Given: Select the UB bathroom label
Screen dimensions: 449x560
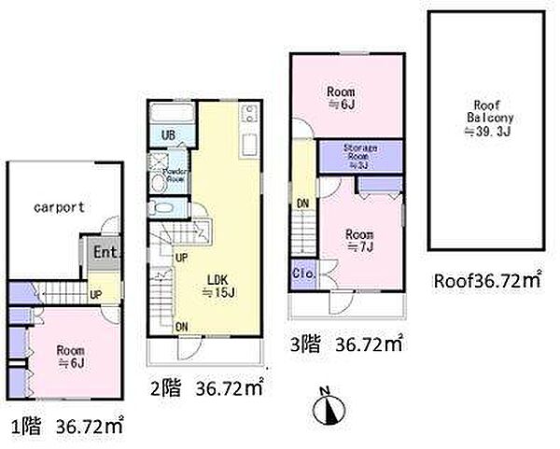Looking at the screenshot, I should click(x=169, y=136).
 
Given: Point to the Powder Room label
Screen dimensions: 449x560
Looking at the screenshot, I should click(x=176, y=174).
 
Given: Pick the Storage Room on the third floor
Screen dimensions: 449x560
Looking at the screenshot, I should click(x=359, y=156).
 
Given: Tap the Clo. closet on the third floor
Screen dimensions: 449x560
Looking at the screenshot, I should click(x=303, y=274).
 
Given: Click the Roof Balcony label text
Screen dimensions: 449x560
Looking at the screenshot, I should click(x=485, y=119).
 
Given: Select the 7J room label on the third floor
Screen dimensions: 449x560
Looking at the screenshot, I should click(x=358, y=240).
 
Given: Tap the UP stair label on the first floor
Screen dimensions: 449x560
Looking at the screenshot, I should click(x=95, y=293).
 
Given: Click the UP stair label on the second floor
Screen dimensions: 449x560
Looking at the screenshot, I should click(x=181, y=258).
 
